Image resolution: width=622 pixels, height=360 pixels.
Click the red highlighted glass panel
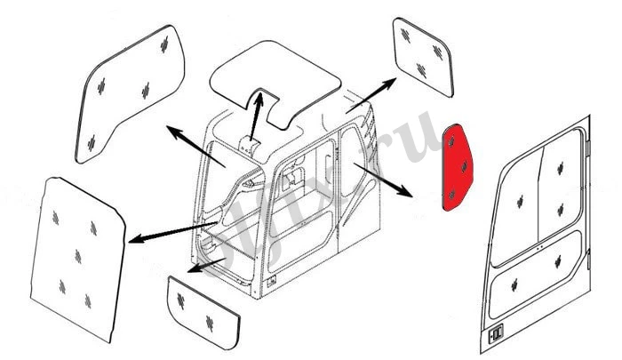coord(459,167)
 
